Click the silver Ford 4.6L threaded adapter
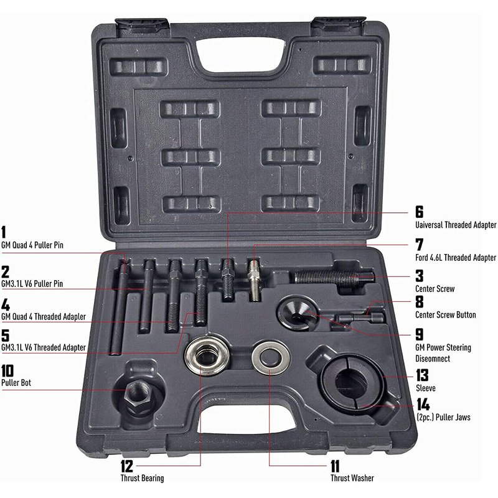254,280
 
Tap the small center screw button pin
360,317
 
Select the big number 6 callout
419,212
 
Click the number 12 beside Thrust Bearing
127,466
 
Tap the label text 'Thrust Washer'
352,478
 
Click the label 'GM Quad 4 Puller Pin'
32,245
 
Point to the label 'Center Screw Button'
445,315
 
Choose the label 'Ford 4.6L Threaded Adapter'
456,257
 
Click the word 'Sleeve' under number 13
426,388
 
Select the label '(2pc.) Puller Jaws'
443,417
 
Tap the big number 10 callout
7,370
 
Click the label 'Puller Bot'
16,382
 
